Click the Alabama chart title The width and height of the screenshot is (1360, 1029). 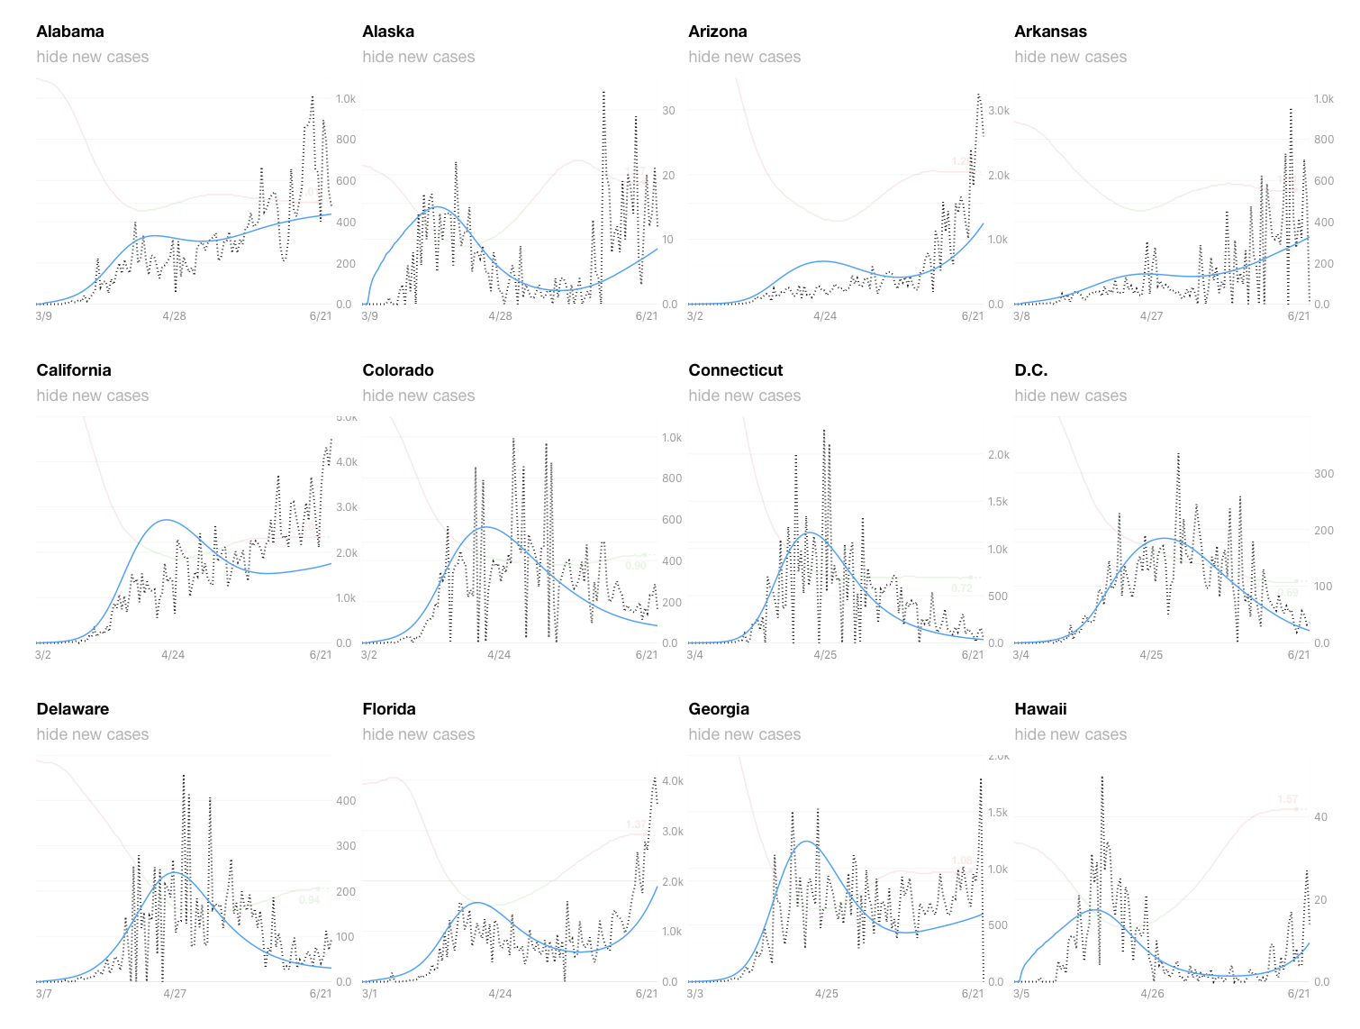(70, 32)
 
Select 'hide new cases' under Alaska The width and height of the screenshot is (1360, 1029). (418, 57)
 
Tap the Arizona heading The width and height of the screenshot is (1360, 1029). (717, 32)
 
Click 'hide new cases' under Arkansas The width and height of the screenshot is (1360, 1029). (1070, 57)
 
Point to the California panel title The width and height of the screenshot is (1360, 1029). (74, 370)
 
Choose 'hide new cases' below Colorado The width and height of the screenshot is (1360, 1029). (418, 396)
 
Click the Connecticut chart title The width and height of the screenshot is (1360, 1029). (735, 370)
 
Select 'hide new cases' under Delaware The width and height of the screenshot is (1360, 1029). (92, 734)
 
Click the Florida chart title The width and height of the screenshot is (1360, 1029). (389, 709)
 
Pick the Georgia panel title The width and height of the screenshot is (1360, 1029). (719, 709)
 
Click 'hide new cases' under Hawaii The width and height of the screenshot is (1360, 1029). (1070, 734)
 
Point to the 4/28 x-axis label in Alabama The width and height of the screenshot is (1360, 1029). (174, 316)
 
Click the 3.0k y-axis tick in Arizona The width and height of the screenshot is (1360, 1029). (998, 111)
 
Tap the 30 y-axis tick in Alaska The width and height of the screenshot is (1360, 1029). (668, 111)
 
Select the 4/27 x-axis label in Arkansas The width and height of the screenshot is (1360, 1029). (1151, 316)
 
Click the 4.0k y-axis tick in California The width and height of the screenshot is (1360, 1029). (347, 462)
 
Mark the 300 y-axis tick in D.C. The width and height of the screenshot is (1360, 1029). (1323, 474)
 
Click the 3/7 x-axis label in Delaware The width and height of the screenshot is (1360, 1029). (43, 994)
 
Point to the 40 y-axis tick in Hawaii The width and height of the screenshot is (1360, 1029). (1320, 817)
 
